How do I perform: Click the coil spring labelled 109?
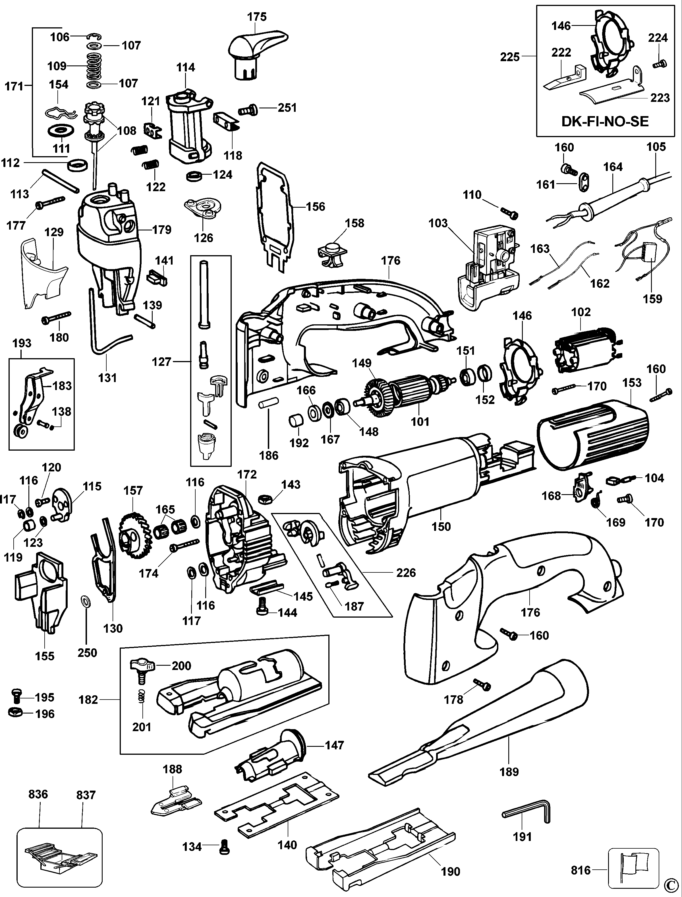click(94, 66)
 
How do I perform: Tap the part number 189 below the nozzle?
click(509, 772)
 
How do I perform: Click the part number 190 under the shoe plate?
click(451, 871)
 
